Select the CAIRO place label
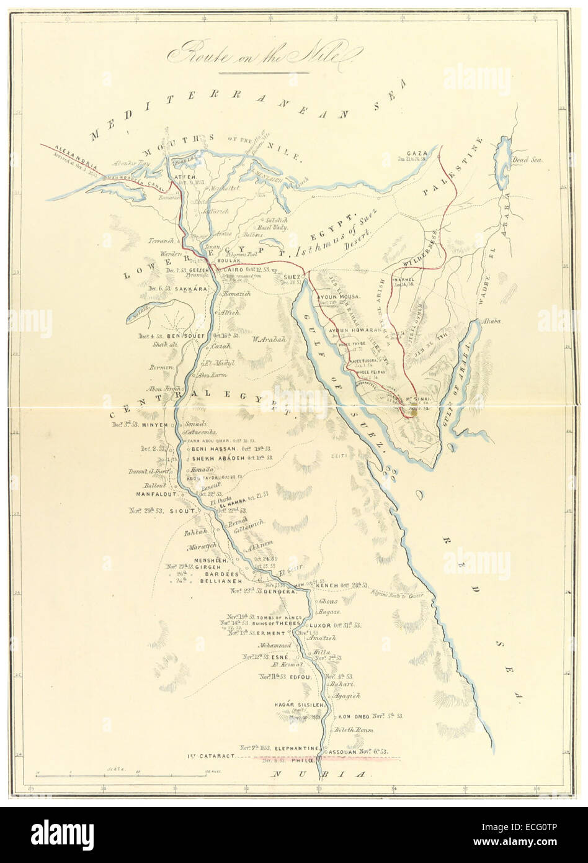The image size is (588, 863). pos(230,270)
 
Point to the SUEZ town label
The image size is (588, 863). pos(292,276)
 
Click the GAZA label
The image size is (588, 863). pos(414,153)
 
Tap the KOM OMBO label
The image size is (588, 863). pos(354,716)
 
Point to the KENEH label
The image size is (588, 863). pos(329,585)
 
